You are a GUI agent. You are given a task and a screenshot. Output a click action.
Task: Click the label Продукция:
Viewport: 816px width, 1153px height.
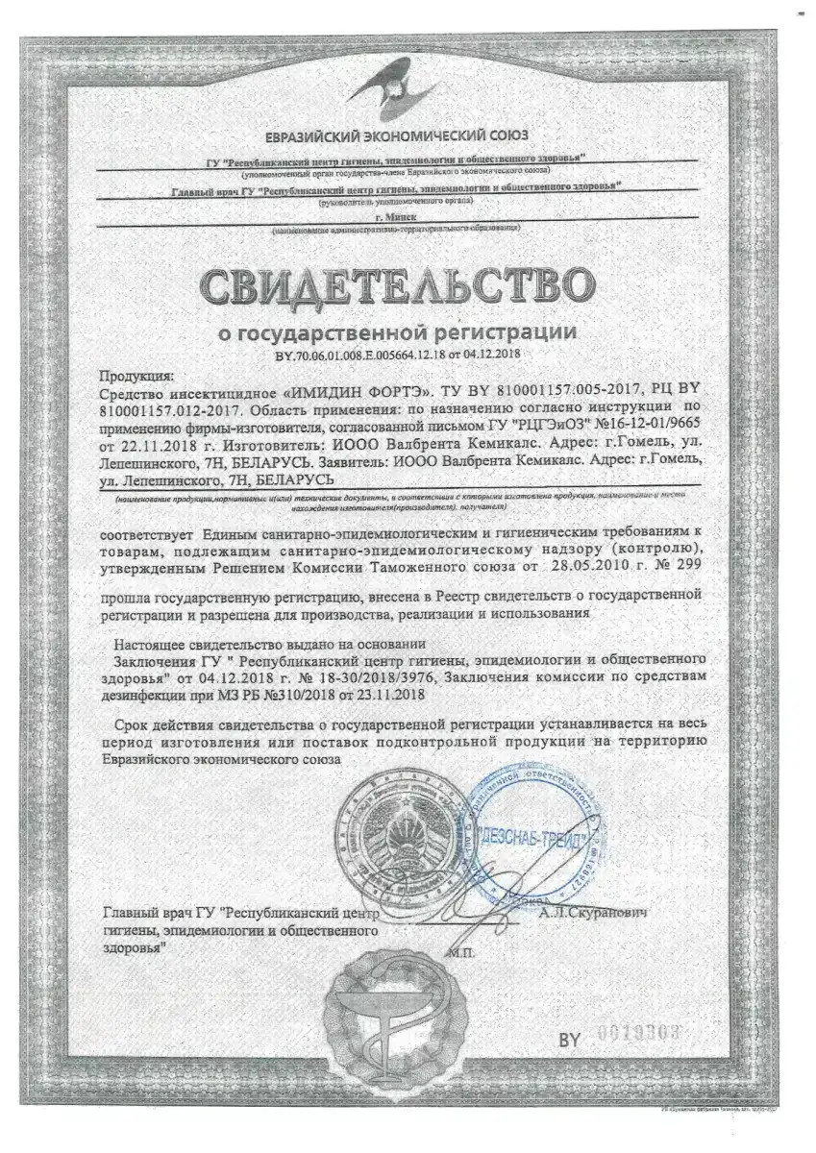pyautogui.click(x=137, y=376)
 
